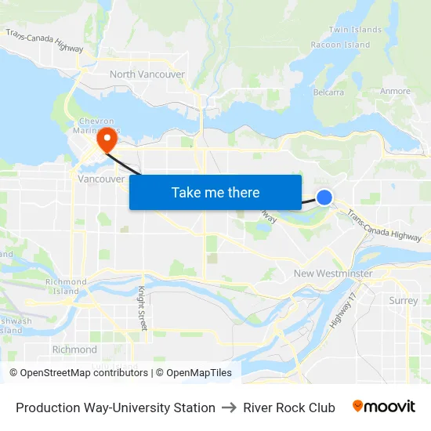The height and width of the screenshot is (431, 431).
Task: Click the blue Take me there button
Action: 215,192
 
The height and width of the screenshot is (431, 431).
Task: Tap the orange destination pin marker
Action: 106,139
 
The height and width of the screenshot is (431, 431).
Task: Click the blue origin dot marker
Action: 324,197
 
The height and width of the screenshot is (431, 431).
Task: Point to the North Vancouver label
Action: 147,74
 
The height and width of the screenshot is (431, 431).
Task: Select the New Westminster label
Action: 333,273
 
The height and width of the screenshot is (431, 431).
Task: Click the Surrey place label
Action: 404,300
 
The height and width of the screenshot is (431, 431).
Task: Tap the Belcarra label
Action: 328,92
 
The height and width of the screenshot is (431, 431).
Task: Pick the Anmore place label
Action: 395,92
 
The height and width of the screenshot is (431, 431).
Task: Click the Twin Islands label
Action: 349,30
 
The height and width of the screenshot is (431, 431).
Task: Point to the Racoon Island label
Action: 340,45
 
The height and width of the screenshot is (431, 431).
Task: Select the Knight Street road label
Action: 143,308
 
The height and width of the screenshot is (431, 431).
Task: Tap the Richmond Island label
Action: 66,286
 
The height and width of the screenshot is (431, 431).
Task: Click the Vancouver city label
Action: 101,179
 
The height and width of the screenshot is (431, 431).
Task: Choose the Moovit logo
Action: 384,407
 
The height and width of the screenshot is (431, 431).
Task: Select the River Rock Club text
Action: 289,407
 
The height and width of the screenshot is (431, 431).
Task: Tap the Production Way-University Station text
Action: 115,407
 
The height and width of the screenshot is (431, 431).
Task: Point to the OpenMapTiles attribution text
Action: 199,373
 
